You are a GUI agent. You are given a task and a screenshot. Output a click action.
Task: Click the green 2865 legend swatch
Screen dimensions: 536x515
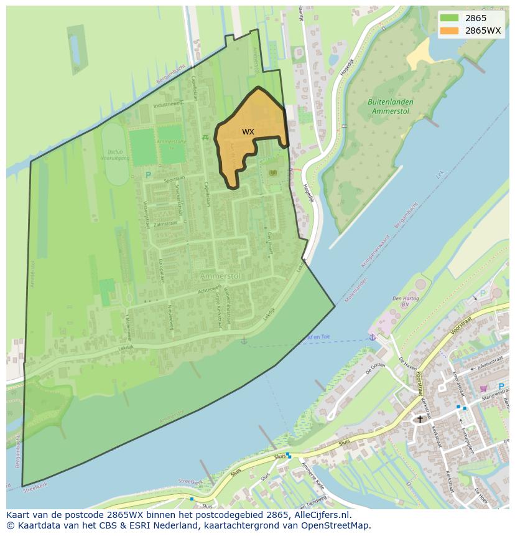450,18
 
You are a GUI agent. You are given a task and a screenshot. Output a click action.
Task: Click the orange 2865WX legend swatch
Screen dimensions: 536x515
450,31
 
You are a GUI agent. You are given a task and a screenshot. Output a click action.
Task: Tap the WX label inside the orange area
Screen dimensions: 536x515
248,132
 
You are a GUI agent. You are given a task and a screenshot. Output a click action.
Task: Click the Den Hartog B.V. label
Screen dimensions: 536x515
406,301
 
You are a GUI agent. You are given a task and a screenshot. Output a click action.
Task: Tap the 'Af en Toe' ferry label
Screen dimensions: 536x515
318,337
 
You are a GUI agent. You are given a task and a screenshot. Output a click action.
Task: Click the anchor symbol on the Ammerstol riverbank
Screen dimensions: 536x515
244,341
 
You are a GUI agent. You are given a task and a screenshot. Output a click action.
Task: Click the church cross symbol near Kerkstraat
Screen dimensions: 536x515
420,419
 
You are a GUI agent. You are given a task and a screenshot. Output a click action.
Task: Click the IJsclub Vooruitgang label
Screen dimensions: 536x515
116,155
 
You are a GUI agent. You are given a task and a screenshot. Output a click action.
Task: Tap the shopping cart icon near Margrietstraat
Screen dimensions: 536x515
483,388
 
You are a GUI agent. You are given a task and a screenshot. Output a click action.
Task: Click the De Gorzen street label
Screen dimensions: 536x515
375,369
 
